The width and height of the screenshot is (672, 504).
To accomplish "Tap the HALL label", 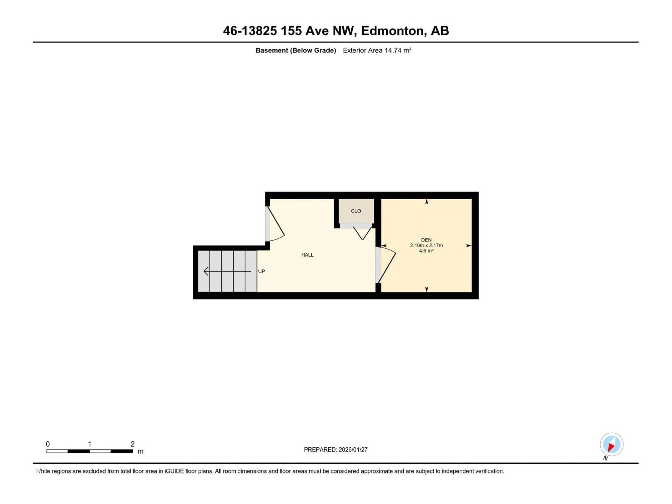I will coord(307,255).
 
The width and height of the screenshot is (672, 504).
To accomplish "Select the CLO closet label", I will coord(356,211).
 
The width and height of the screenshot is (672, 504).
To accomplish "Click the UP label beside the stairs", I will coord(261,271).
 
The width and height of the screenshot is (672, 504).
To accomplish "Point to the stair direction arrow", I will coord(227,271).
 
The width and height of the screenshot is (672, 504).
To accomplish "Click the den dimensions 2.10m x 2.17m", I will coord(426,245).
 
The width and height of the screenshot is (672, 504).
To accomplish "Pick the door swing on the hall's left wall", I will coord(276,225).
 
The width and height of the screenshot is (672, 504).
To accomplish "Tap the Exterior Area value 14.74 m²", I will coord(398,50).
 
